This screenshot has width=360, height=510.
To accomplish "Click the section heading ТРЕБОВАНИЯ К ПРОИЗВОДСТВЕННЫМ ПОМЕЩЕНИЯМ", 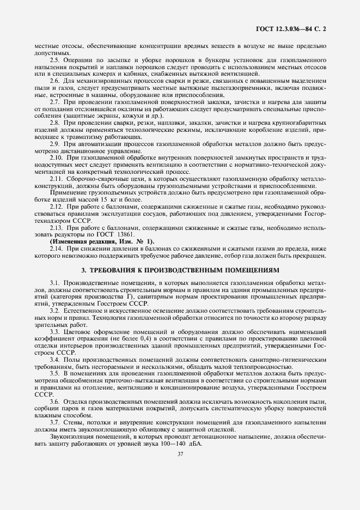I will point(180,269).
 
